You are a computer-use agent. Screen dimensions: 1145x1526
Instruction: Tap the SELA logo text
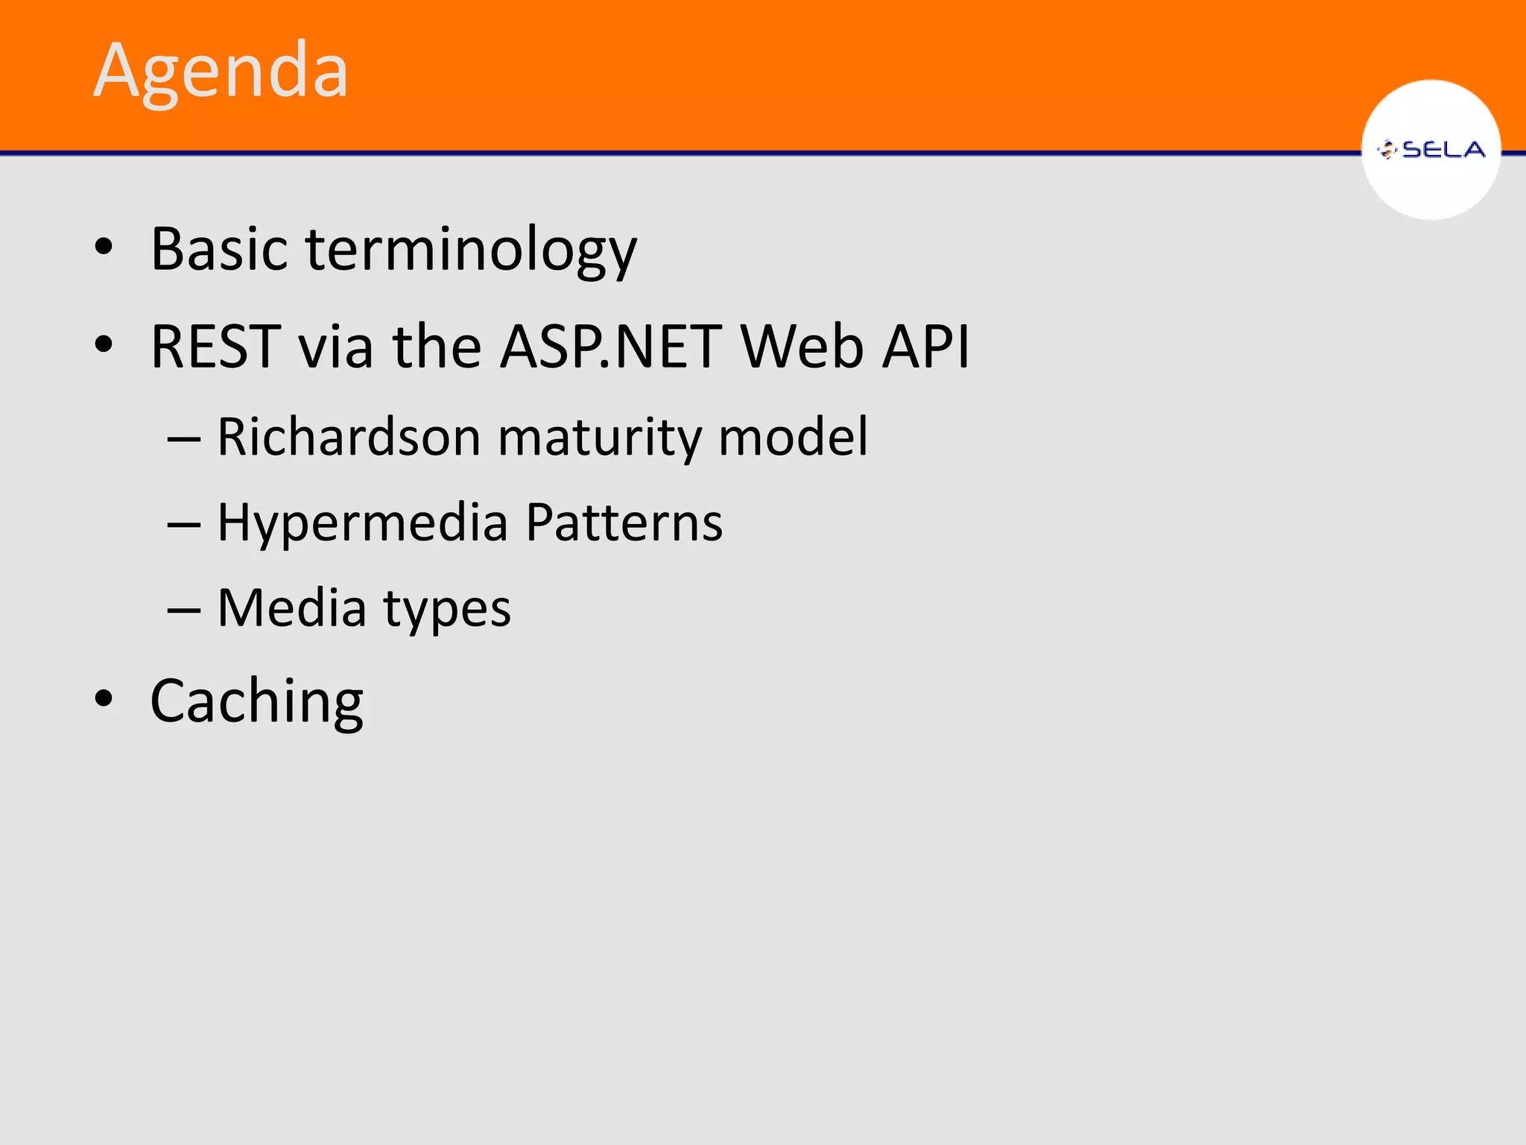[1443, 150]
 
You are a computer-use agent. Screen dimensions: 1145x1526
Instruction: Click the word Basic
[219, 248]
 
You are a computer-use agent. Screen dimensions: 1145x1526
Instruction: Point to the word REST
[216, 347]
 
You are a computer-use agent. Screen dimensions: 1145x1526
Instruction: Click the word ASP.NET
[610, 347]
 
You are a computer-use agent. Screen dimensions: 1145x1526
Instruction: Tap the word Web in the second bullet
[802, 347]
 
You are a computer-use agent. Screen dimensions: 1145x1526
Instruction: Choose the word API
[926, 347]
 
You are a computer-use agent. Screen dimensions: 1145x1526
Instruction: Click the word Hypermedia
[363, 523]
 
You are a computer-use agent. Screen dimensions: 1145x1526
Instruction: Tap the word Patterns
[624, 522]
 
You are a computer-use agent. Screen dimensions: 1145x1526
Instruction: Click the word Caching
[257, 702]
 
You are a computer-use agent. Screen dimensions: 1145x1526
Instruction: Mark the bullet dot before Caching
[104, 699]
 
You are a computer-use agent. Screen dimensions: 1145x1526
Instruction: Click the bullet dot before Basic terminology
[104, 247]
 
